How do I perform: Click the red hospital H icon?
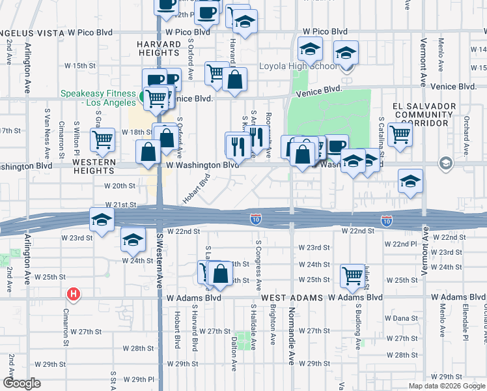74,295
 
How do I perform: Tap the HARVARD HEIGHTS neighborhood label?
158,49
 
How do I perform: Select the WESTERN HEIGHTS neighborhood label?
94,166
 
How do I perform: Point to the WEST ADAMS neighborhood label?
288,298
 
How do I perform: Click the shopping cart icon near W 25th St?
352,275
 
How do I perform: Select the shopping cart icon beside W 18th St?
102,139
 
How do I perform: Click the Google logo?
22,383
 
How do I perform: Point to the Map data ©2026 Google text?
447,386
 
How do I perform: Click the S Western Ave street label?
158,260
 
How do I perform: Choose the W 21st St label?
124,205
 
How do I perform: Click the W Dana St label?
400,318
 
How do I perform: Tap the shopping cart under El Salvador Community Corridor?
399,135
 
